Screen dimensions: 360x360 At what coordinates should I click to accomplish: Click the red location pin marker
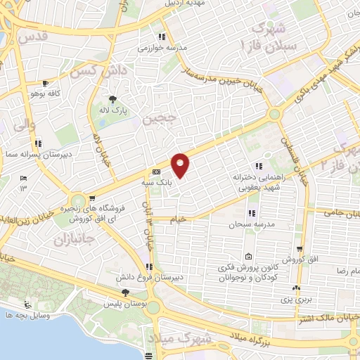click(181, 165)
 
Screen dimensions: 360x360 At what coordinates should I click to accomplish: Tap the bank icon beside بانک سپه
click(155, 172)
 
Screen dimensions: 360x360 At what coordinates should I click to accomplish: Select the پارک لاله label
click(112, 110)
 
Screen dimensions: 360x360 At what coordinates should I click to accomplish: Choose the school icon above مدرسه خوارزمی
click(161, 37)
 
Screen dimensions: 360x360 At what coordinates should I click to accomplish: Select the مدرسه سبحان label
click(245, 225)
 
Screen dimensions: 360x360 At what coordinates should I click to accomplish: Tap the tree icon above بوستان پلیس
click(126, 292)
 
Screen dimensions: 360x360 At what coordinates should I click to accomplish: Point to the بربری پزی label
click(297, 299)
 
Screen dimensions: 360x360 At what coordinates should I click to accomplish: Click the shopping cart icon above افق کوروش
click(300, 249)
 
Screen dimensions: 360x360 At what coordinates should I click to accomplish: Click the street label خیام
click(179, 219)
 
